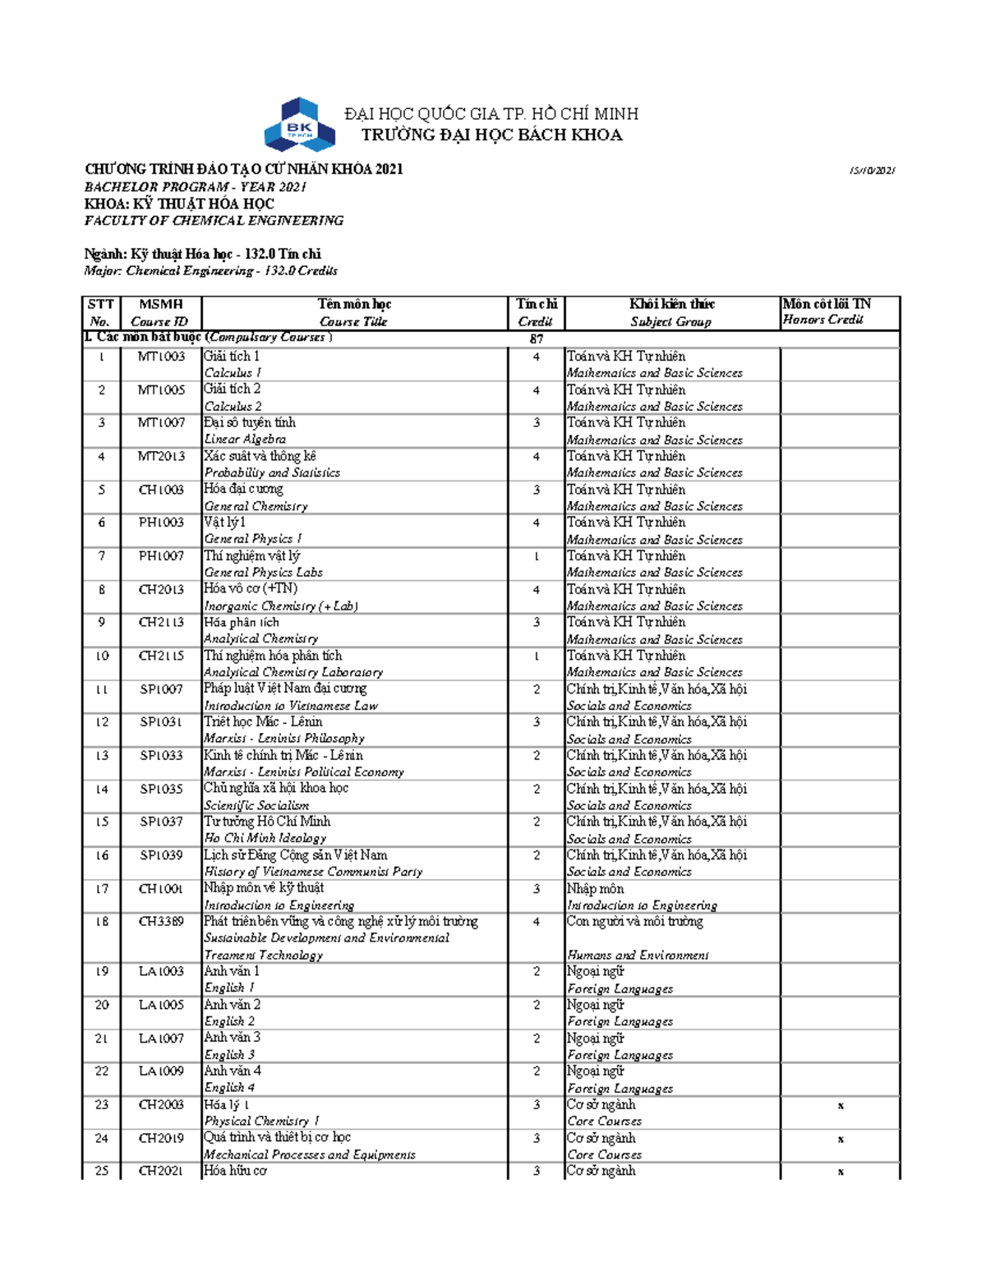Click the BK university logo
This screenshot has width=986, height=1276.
coord(299,125)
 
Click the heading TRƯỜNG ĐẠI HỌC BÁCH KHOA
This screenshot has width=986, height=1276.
coord(491,136)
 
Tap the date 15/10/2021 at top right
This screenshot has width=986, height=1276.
coord(872,171)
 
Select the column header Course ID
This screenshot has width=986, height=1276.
coord(160,322)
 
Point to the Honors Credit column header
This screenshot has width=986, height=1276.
coord(822,320)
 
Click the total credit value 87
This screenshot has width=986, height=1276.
coord(536,339)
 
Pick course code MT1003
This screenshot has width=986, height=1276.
coord(161,357)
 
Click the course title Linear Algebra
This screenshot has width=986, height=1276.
coord(245,440)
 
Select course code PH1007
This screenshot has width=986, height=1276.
coord(161,556)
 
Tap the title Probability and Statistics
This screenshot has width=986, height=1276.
coord(272,473)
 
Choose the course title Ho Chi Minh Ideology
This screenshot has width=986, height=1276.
coord(265,838)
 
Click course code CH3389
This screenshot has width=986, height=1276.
coord(161,922)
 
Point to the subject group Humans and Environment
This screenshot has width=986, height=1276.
coord(638,955)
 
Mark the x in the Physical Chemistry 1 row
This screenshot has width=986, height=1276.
coord(841,1106)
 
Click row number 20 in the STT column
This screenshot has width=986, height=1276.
coord(102,1005)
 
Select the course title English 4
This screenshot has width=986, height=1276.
coord(229,1088)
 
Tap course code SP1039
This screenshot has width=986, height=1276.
coord(161,855)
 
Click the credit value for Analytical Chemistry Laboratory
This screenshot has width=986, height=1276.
coord(536,656)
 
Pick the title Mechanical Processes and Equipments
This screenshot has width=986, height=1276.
coord(310,1154)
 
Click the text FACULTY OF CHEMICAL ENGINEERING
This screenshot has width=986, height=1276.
coord(214,220)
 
